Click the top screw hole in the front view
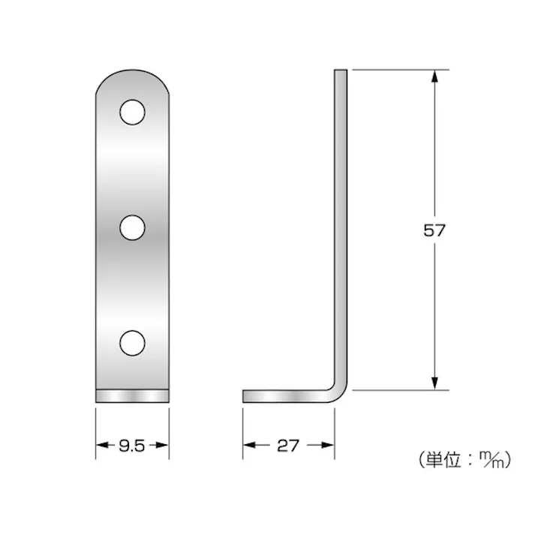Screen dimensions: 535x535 pyautogui.click(x=131, y=113)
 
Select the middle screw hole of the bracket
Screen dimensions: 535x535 pyautogui.click(x=131, y=227)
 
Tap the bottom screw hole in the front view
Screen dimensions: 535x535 pyautogui.click(x=131, y=342)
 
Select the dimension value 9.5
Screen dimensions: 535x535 pyautogui.click(x=131, y=446)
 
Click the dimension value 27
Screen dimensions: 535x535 pyautogui.click(x=288, y=446)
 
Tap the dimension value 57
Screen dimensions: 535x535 pyautogui.click(x=434, y=230)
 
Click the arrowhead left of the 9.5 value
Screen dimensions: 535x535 pyautogui.click(x=101, y=446)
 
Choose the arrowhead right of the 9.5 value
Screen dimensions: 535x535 pyautogui.click(x=164, y=446)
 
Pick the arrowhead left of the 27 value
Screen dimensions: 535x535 pyautogui.click(x=248, y=446)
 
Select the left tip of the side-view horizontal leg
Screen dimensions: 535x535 pyautogui.click(x=245, y=395)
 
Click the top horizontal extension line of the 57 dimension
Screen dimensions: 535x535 pyautogui.click(x=398, y=70)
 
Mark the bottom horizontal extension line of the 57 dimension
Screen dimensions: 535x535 pyautogui.click(x=398, y=390)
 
